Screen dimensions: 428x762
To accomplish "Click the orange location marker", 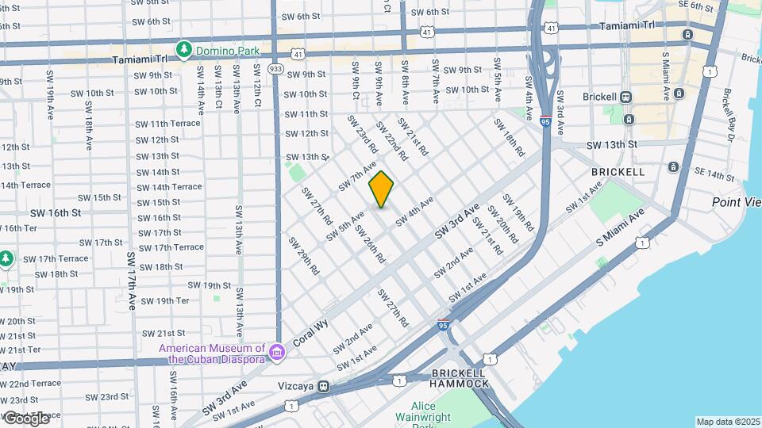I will click(x=382, y=189).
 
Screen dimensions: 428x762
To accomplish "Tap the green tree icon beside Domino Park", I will click(x=184, y=51).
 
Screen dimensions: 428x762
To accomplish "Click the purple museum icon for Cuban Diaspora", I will click(x=276, y=351).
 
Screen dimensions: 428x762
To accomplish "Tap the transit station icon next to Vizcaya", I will click(x=323, y=386).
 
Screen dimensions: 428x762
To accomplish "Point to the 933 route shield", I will click(x=275, y=69).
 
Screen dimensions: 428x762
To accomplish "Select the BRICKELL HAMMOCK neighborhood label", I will click(x=460, y=378).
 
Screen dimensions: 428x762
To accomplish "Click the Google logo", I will click(x=26, y=418).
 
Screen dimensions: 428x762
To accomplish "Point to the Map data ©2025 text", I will click(x=728, y=422).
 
